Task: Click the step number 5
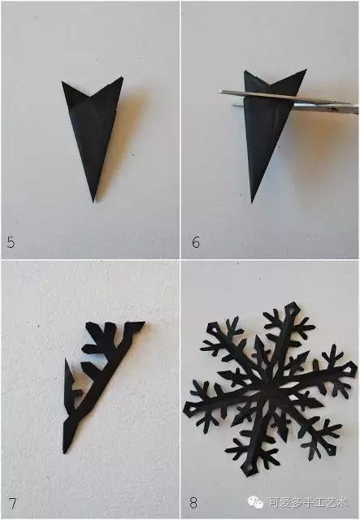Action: (11, 242)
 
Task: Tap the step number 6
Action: (196, 242)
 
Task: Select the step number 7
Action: (12, 504)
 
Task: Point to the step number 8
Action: (193, 503)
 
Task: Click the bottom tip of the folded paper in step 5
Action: (93, 201)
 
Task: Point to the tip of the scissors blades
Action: (220, 93)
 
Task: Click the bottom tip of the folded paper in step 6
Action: (252, 202)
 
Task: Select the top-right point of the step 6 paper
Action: (306, 70)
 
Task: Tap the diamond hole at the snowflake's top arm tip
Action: (293, 309)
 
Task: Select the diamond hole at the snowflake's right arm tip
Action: (349, 369)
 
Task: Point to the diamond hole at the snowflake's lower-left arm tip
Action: (190, 409)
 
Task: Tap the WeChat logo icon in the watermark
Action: (255, 502)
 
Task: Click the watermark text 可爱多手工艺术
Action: (307, 502)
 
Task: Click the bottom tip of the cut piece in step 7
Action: (65, 453)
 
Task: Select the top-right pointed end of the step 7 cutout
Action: (144, 322)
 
